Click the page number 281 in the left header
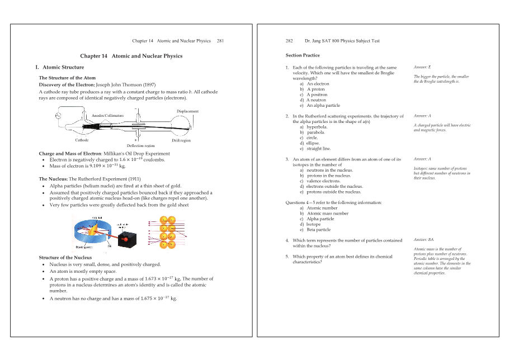tap(220, 41)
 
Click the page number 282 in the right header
tap(289, 41)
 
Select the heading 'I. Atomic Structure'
tap(60, 67)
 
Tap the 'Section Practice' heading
tap(303, 55)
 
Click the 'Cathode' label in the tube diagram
tap(82, 140)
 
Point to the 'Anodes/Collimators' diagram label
tap(107, 115)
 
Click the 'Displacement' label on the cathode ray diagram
tap(187, 111)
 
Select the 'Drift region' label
tap(181, 140)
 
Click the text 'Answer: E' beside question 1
tap(422, 67)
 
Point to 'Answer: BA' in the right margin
tap(423, 240)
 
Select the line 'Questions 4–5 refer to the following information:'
tap(333, 202)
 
